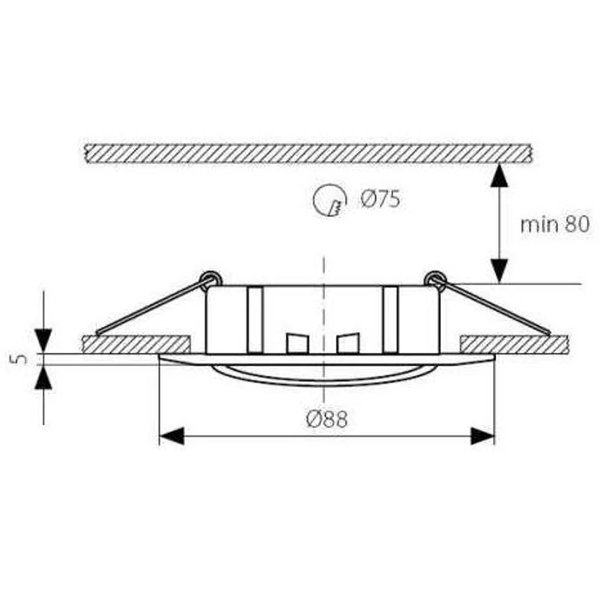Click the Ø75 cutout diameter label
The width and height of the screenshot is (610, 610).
point(380,200)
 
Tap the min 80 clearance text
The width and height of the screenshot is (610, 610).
point(555,225)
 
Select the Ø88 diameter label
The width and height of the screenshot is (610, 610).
point(327,419)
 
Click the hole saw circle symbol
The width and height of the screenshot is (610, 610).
point(329,200)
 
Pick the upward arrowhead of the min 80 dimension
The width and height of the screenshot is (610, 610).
point(499,176)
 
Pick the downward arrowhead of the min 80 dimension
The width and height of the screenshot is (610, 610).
point(499,271)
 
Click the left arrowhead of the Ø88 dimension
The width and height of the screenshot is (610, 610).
point(172,436)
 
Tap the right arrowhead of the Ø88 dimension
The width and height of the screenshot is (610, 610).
point(483,436)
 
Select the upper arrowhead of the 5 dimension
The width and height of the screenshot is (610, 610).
point(44,341)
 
